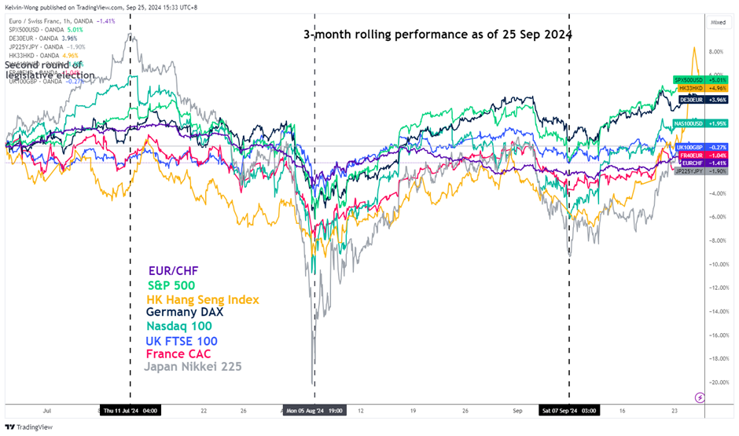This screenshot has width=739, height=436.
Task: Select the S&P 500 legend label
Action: tap(172, 286)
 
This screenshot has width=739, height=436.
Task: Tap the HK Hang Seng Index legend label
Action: tap(203, 299)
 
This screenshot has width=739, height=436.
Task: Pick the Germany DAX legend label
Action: tap(185, 313)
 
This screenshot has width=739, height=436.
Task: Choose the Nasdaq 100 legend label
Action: tap(183, 327)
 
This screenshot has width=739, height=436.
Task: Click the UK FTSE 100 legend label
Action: tap(181, 341)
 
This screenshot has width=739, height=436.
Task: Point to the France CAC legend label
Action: tap(178, 354)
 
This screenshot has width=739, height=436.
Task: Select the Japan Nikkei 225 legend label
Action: tap(192, 367)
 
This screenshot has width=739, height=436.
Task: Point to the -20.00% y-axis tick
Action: tap(718, 383)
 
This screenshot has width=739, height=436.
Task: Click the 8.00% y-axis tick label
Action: tap(718, 52)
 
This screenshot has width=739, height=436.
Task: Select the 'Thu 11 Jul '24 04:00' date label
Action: tap(130, 410)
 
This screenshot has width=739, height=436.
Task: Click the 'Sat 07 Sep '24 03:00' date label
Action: tap(569, 410)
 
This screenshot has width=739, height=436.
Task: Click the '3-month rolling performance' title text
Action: tap(437, 35)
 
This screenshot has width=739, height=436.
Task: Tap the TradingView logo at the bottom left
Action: tap(29, 427)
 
